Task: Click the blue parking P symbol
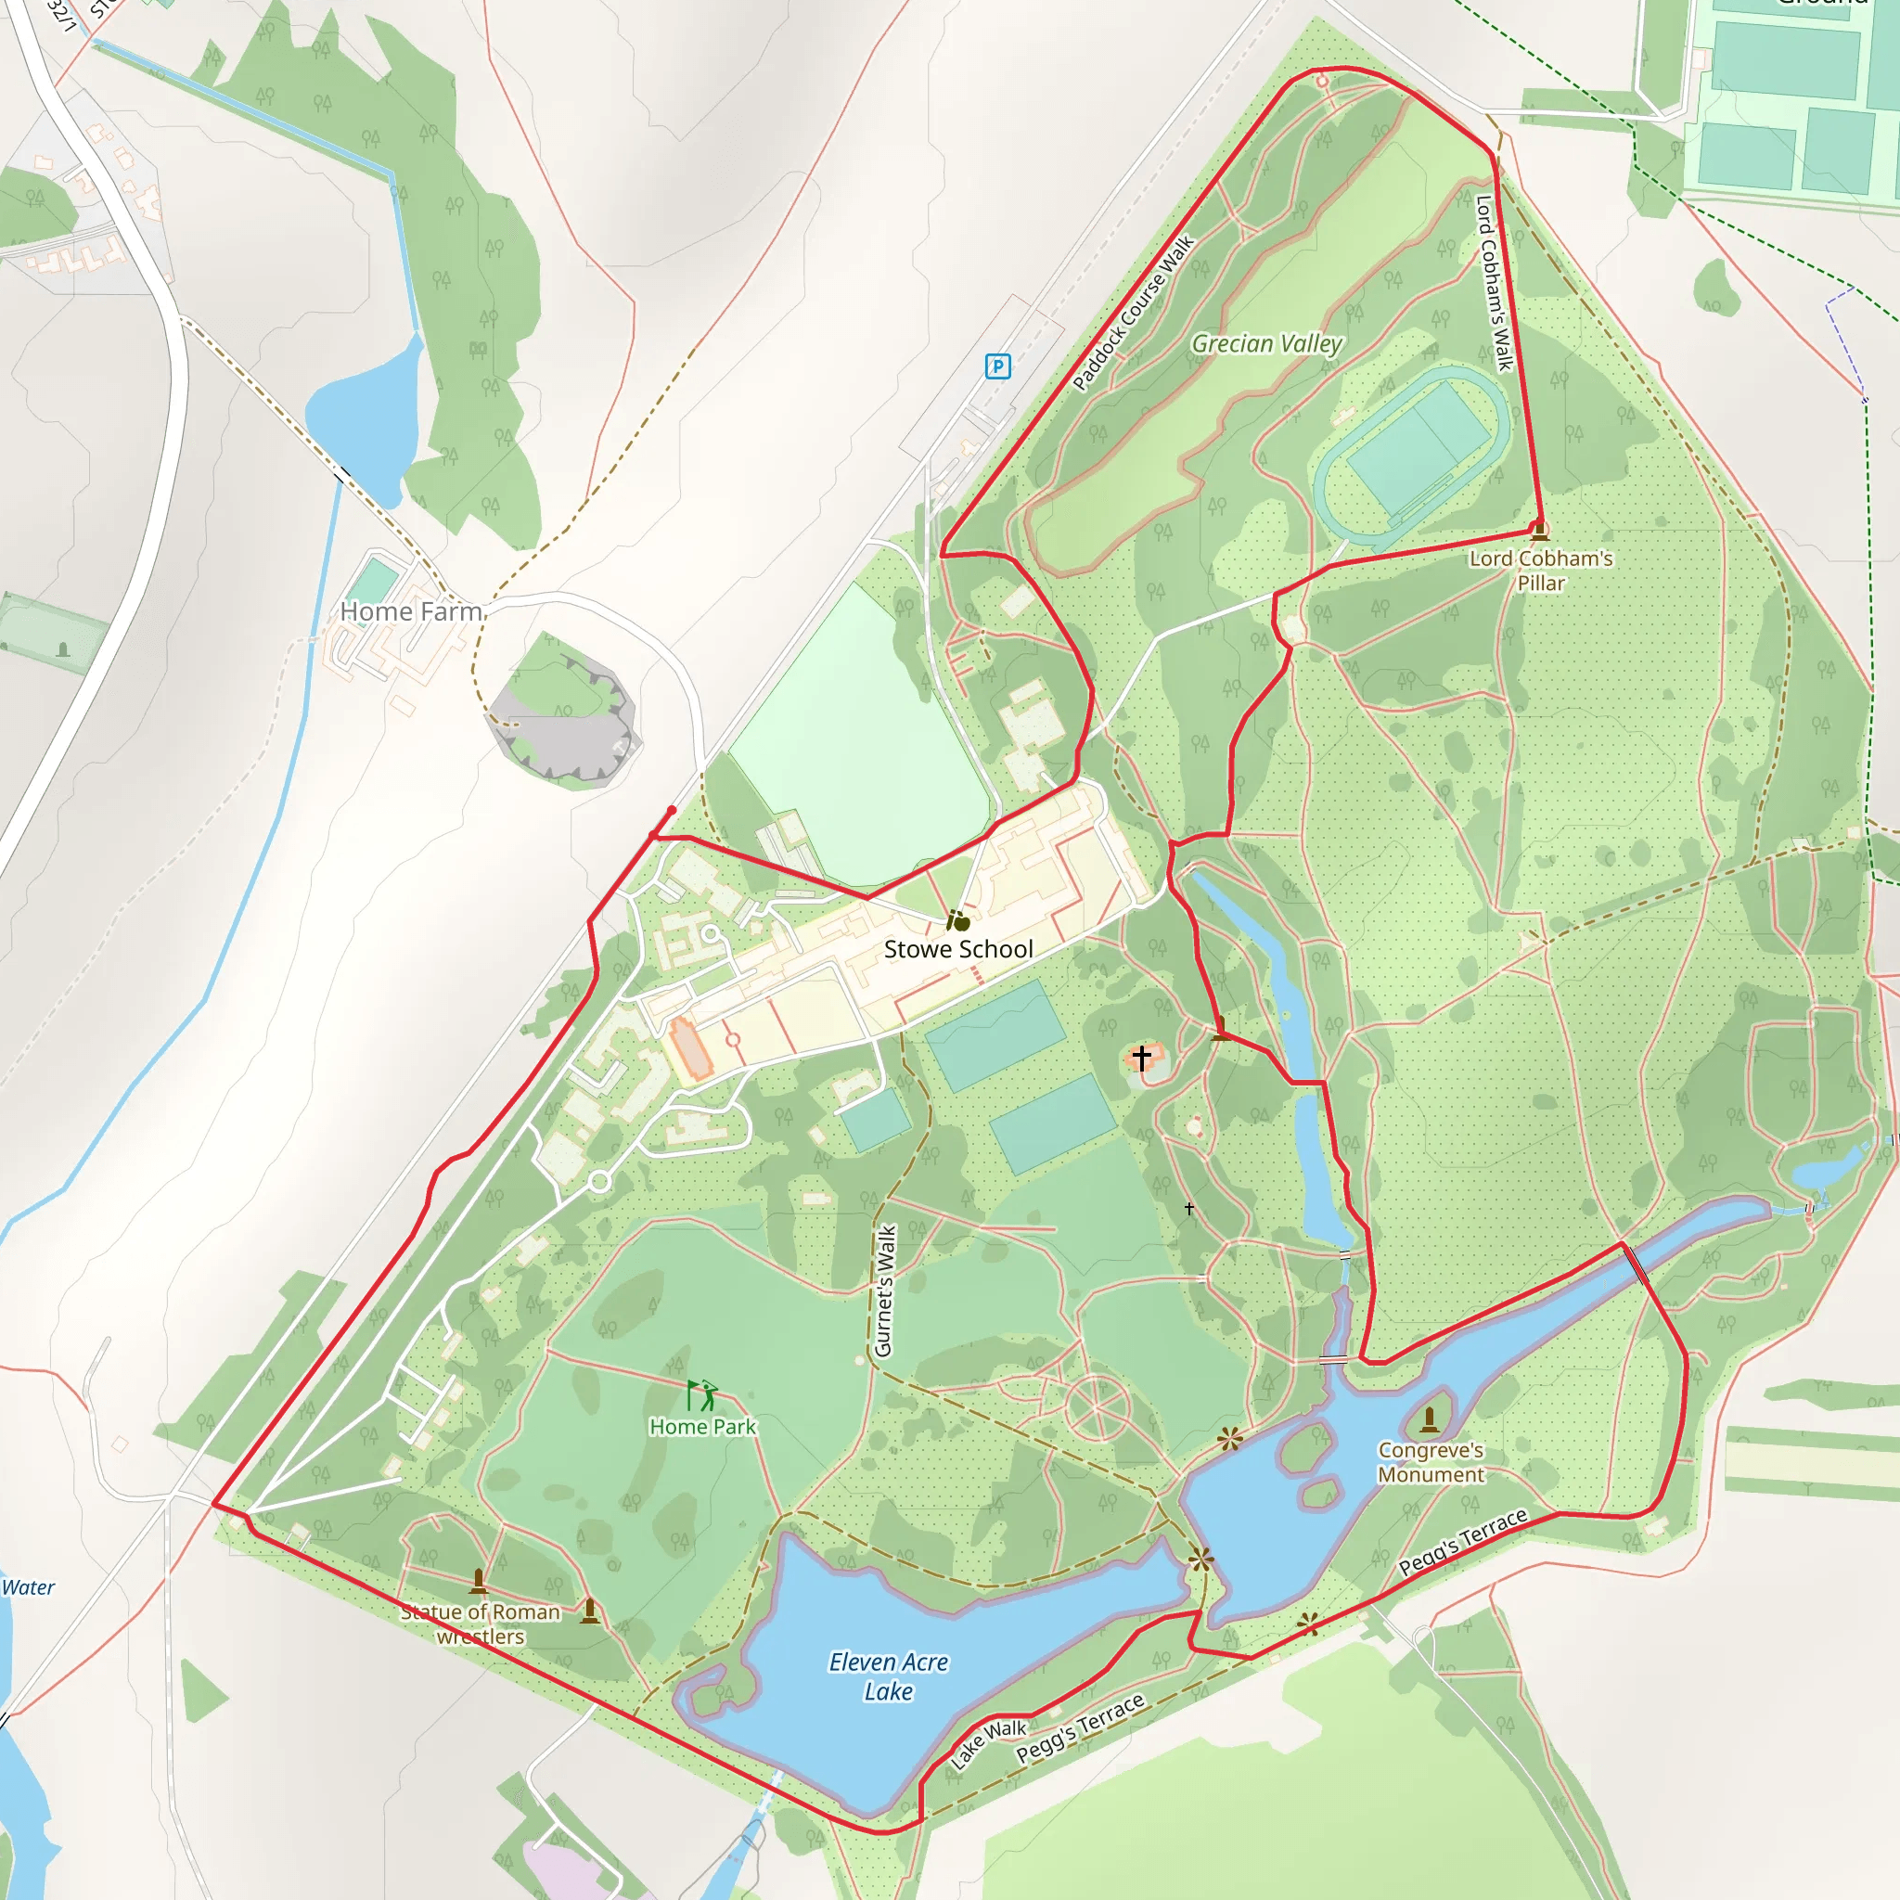coord(997,366)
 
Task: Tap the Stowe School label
coord(957,949)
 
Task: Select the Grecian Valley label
coord(1266,344)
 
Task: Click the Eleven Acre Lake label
coord(888,1675)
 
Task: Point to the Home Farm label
coord(411,611)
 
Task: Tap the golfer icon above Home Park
coord(702,1394)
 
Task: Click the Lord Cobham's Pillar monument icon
coord(1540,532)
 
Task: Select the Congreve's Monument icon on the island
coord(1430,1420)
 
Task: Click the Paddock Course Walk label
coord(1133,313)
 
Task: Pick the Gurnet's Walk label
coord(884,1291)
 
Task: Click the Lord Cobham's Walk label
coord(1494,284)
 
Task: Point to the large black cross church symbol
coord(1141,1058)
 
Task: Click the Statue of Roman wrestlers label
coord(481,1624)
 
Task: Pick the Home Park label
coord(702,1427)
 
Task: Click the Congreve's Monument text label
coord(1430,1462)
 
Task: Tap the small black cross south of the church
coord(1189,1209)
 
